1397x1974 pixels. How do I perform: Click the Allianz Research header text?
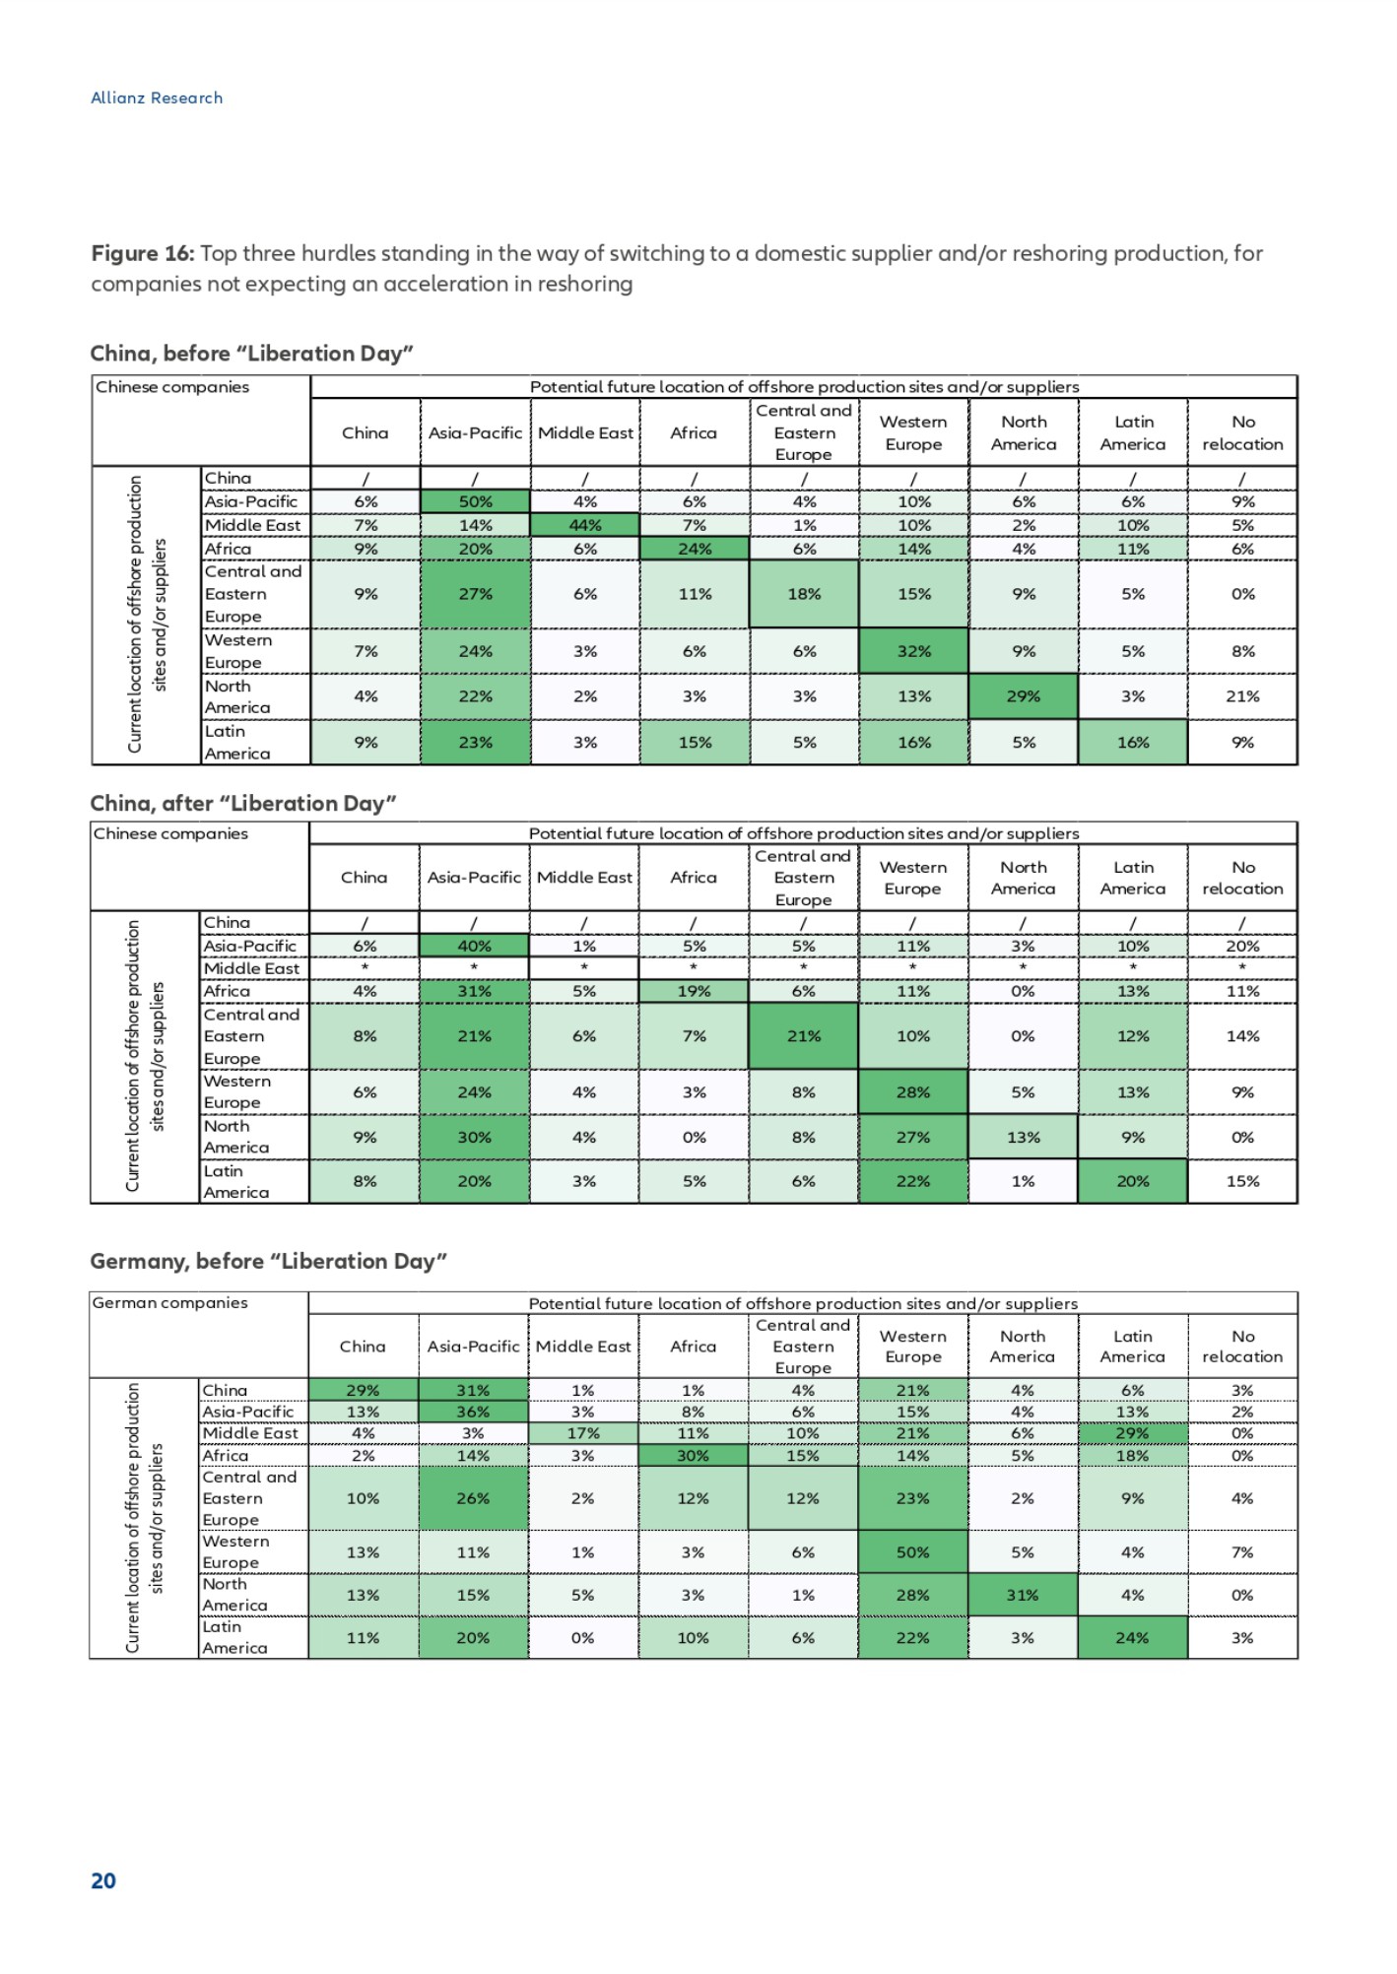(x=157, y=98)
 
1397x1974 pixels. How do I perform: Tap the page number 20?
(x=103, y=1880)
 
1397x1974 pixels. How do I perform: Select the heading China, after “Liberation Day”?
(x=243, y=803)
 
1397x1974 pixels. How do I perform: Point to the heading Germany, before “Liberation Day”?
(x=268, y=1261)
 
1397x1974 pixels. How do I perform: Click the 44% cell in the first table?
(x=585, y=525)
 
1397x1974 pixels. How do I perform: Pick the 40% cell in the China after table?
(x=474, y=946)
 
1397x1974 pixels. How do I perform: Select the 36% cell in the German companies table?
(x=473, y=1412)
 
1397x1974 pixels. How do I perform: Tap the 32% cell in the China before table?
(x=914, y=651)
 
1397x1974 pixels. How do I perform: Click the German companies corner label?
(x=169, y=1302)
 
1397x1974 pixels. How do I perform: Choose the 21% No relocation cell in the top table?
(x=1242, y=696)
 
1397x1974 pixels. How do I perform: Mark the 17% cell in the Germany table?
(x=582, y=1433)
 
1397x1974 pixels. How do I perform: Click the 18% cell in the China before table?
(x=804, y=594)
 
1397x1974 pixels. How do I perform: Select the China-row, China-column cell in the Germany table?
(x=363, y=1390)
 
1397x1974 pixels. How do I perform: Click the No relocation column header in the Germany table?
(x=1242, y=1346)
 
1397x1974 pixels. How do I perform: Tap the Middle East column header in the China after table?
(x=584, y=877)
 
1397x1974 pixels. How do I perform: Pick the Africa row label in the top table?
(x=229, y=549)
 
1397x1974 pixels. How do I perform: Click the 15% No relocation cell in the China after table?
(x=1242, y=1181)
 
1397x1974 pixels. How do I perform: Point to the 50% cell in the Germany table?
(x=912, y=1552)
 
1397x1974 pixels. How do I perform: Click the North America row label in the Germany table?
(x=234, y=1594)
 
